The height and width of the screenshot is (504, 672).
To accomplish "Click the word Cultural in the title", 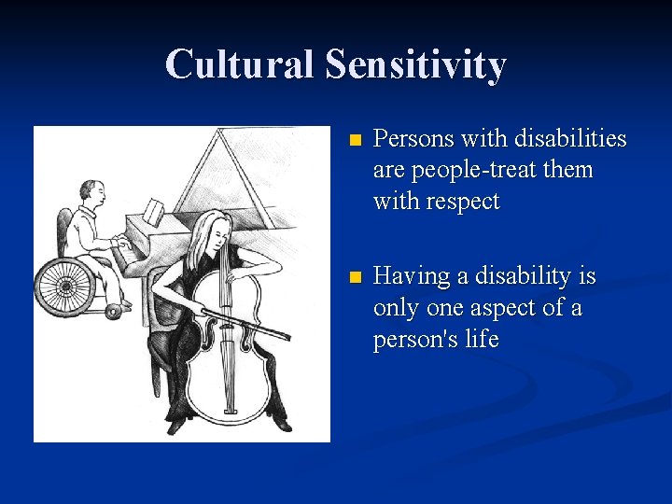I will pos(239,64).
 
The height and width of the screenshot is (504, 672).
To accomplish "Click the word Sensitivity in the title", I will pos(415,65).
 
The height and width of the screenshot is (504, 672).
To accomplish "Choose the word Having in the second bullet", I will pos(414,277).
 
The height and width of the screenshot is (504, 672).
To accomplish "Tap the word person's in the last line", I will pos(412,340).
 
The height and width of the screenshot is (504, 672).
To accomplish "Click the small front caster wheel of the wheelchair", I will pos(116,310).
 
